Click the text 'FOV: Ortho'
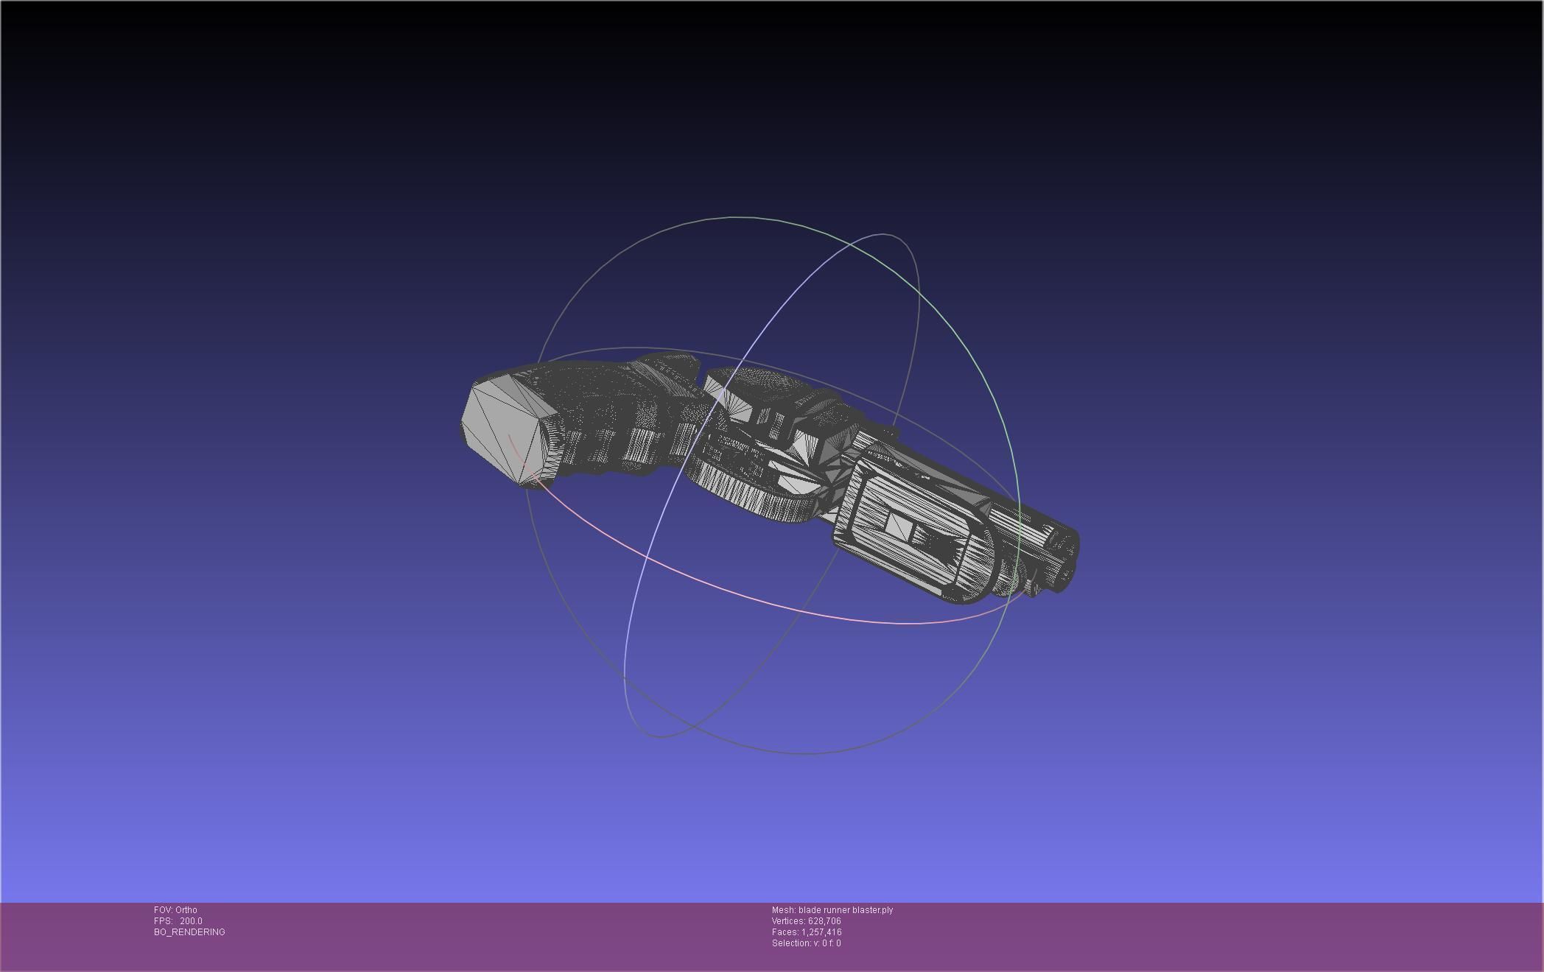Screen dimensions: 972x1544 pyautogui.click(x=175, y=910)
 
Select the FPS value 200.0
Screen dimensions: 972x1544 pyautogui.click(x=191, y=921)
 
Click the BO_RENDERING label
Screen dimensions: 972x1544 pyautogui.click(x=189, y=932)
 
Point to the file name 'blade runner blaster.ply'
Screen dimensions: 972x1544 pyautogui.click(x=846, y=910)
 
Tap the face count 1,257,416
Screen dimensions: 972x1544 pyautogui.click(x=821, y=932)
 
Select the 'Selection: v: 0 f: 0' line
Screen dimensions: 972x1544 pyautogui.click(x=806, y=943)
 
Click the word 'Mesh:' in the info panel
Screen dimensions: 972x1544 pyautogui.click(x=784, y=910)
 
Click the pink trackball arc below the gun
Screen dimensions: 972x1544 pyautogui.click(x=737, y=589)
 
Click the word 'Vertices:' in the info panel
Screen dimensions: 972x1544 pyautogui.click(x=788, y=921)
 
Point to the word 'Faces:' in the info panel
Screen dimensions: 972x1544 pyautogui.click(x=785, y=932)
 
